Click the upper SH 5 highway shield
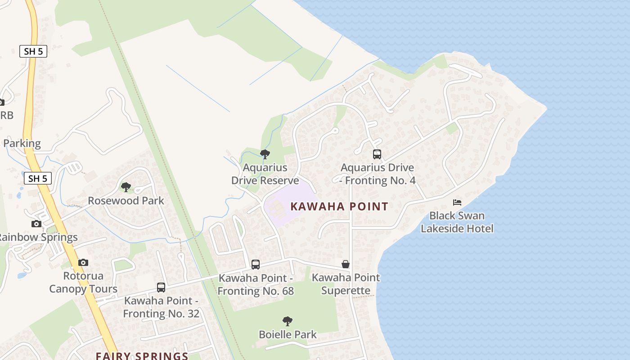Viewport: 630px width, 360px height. (x=33, y=51)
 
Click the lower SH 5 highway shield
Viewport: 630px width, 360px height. (x=38, y=178)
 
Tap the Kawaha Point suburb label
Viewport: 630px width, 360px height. (x=339, y=207)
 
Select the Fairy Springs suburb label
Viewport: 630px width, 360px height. (x=142, y=356)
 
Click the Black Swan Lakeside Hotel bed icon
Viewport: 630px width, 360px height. (x=457, y=202)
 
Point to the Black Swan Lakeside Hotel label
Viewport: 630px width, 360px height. (x=457, y=222)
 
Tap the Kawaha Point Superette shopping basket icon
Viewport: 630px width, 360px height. (x=346, y=264)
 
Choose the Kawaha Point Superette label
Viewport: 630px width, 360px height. (x=346, y=284)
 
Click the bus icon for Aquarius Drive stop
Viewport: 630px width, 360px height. (x=377, y=154)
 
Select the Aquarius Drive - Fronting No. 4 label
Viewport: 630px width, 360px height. (x=377, y=174)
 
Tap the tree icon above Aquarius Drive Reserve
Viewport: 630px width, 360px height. (x=265, y=154)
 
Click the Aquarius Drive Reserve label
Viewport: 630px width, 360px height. (x=265, y=174)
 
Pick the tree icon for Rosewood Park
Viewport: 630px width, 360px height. (x=126, y=187)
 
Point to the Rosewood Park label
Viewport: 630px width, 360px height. (x=126, y=201)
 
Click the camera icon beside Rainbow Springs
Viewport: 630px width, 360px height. (x=36, y=224)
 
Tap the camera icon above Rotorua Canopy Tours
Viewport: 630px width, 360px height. (x=83, y=262)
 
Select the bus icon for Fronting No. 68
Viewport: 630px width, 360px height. (x=256, y=265)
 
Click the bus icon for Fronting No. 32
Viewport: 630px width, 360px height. (x=161, y=287)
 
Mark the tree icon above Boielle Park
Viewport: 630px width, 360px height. (x=288, y=321)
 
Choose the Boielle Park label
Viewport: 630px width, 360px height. (x=288, y=334)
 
